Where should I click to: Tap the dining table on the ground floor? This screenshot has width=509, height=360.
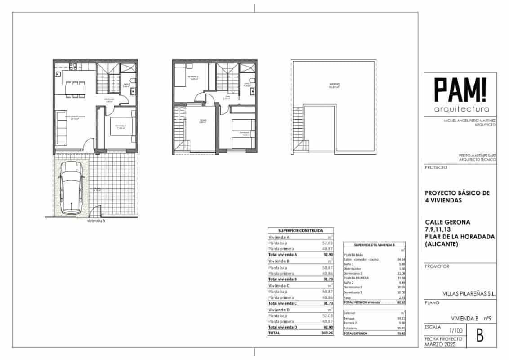coord(75,90)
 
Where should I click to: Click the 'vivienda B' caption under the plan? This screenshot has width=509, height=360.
coord(96,221)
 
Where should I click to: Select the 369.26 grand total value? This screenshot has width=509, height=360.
coord(327,333)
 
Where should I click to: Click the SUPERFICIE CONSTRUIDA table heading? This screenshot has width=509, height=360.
coord(300,230)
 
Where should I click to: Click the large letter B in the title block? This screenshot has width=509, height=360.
coord(480,336)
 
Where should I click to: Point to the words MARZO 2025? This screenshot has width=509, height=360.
coord(437,344)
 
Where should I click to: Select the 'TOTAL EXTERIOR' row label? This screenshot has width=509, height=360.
coord(355,333)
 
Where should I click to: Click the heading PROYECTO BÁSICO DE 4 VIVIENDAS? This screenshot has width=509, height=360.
coord(457,197)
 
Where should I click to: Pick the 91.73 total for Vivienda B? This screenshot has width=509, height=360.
coord(327,279)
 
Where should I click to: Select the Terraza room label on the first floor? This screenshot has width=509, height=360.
coord(203,121)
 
